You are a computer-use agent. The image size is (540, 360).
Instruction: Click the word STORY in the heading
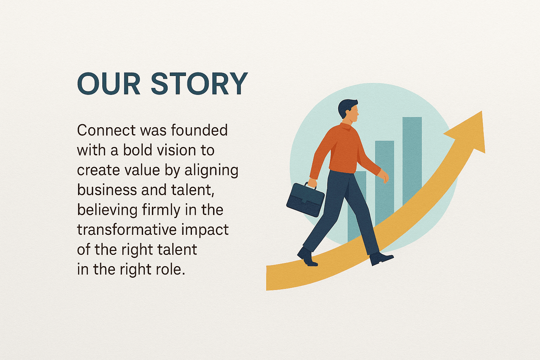199,83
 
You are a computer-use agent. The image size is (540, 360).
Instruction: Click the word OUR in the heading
109,83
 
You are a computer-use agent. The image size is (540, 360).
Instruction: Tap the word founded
199,130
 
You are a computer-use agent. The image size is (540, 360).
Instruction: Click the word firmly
161,210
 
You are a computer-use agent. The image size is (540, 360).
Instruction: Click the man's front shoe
380,258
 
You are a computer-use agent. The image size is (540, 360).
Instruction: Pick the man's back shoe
307,257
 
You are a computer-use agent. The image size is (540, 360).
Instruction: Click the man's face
353,114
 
